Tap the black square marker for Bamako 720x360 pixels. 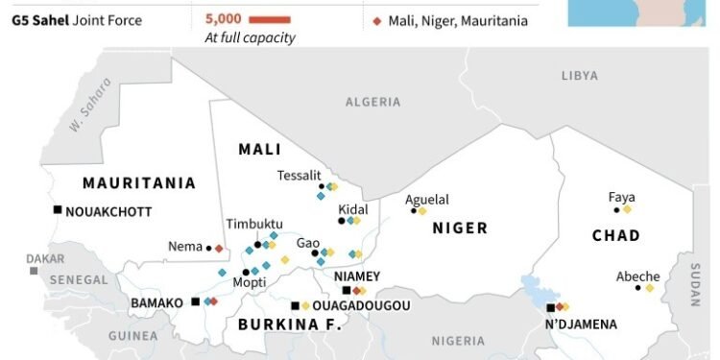coord(196,301)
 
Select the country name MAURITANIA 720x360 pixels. coord(139,182)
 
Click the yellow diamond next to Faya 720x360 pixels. coord(627,208)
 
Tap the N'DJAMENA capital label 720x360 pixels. coord(581,324)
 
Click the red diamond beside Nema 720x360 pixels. coord(219,248)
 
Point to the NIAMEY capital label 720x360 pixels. coord(357,276)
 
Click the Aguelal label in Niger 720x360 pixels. coord(426,199)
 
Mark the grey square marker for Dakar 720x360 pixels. coord(34,271)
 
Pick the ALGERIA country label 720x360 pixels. coord(372,101)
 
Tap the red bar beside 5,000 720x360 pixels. coord(261,18)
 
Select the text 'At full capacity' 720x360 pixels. coord(250,37)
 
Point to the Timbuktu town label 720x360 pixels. coord(254,223)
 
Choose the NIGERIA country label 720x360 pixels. coord(458,340)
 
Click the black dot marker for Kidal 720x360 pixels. coord(341,221)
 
